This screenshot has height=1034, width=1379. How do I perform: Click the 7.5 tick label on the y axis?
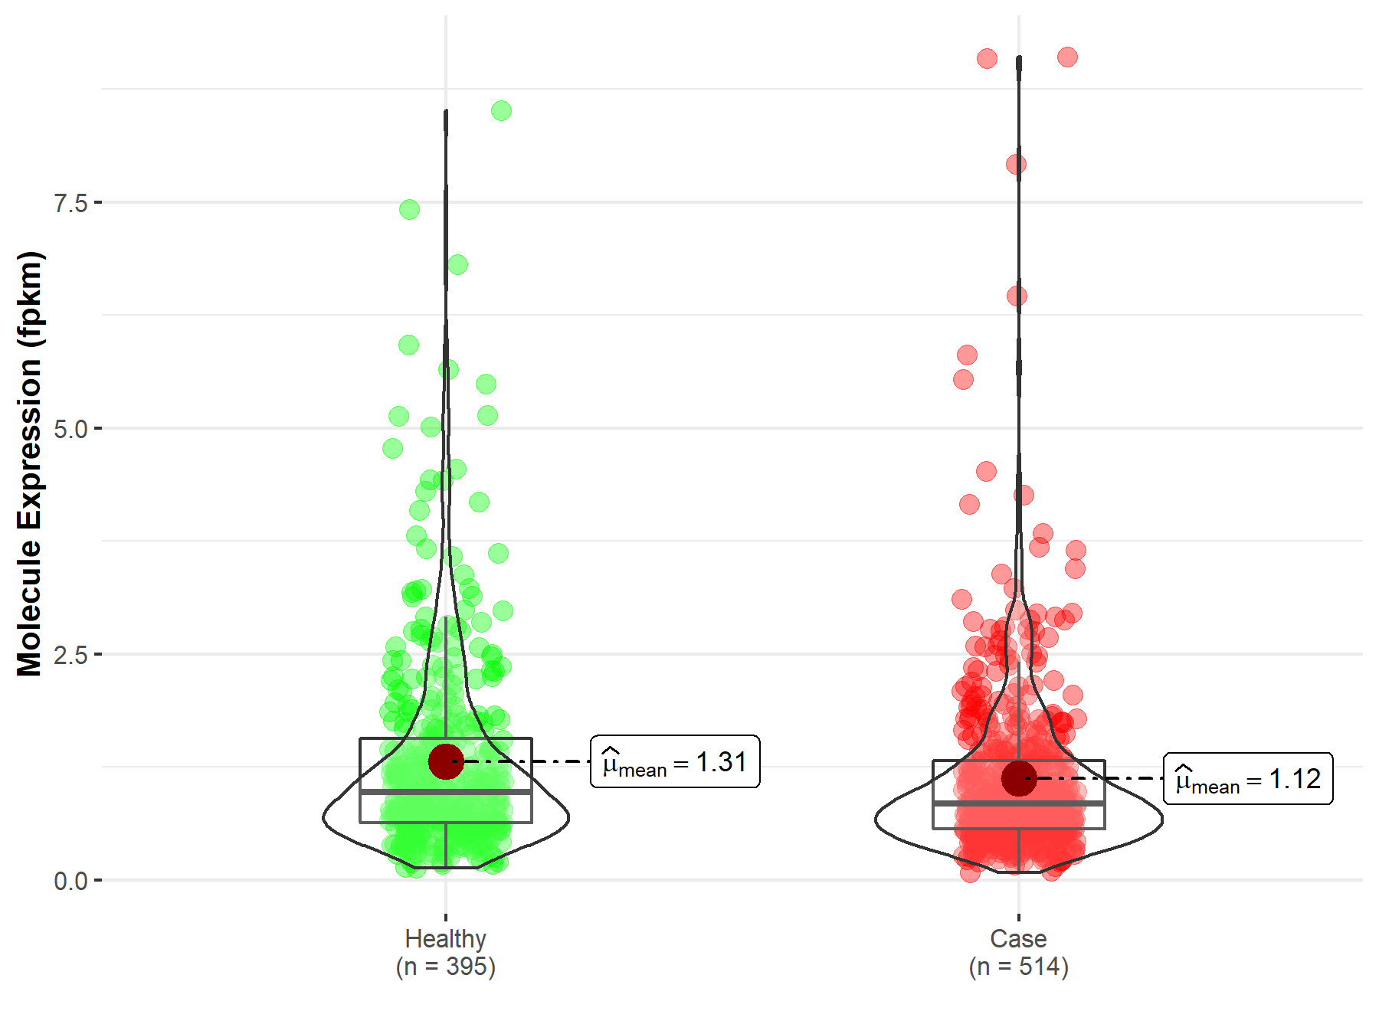70,203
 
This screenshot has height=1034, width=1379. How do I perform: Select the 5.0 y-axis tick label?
70,429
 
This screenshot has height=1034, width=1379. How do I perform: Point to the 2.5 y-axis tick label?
70,655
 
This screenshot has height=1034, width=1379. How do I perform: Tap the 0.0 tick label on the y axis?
70,881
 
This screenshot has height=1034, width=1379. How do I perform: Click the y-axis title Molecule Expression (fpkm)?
30,463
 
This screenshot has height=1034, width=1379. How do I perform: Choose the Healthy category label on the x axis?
445,939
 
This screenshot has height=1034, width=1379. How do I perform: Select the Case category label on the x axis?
1018,939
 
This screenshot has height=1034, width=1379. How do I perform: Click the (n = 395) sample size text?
445,967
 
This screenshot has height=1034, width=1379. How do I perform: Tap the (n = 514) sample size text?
1018,967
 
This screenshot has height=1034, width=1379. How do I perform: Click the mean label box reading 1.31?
675,762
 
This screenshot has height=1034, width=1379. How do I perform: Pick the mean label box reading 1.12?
1248,779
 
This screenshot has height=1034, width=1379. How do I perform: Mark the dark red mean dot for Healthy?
446,761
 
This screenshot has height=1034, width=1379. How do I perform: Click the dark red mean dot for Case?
1019,778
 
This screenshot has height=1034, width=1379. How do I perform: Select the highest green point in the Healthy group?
501,111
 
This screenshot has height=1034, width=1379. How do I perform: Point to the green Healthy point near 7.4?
409,209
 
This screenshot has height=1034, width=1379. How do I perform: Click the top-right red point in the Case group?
1067,57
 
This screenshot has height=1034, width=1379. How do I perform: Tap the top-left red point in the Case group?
987,59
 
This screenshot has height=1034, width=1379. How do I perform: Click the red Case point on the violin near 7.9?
1016,164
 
